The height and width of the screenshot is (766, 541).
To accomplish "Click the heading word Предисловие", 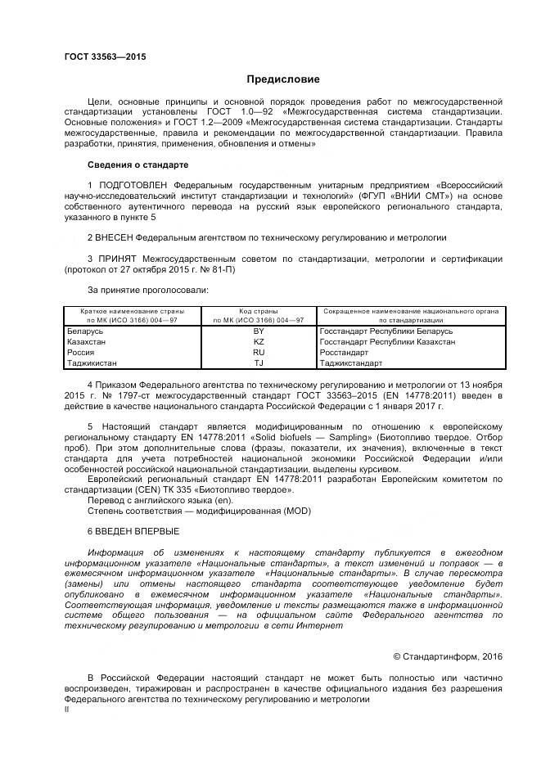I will click(284, 79).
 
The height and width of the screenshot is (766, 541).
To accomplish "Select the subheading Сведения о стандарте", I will click(132, 164).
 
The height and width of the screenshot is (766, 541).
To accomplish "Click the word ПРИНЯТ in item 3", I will click(117, 259).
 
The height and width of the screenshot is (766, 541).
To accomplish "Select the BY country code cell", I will click(259, 331).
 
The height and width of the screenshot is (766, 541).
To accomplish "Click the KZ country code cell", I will click(259, 341).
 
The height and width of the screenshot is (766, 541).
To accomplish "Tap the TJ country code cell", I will click(259, 362).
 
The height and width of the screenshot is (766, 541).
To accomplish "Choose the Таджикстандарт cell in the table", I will click(350, 362).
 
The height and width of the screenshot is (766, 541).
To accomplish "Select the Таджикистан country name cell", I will click(92, 362).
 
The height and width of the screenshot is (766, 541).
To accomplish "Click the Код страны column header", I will click(259, 312).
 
